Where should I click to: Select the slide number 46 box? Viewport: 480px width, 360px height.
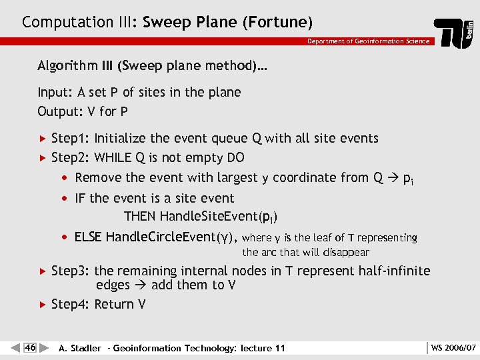click(x=30, y=347)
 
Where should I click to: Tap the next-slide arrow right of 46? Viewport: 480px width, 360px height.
click(x=43, y=347)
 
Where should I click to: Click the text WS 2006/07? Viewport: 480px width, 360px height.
click(x=453, y=347)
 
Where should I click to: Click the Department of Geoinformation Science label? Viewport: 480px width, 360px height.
click(x=369, y=41)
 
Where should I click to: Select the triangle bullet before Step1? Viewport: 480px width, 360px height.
click(x=43, y=139)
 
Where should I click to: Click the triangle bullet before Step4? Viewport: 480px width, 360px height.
click(x=43, y=305)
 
